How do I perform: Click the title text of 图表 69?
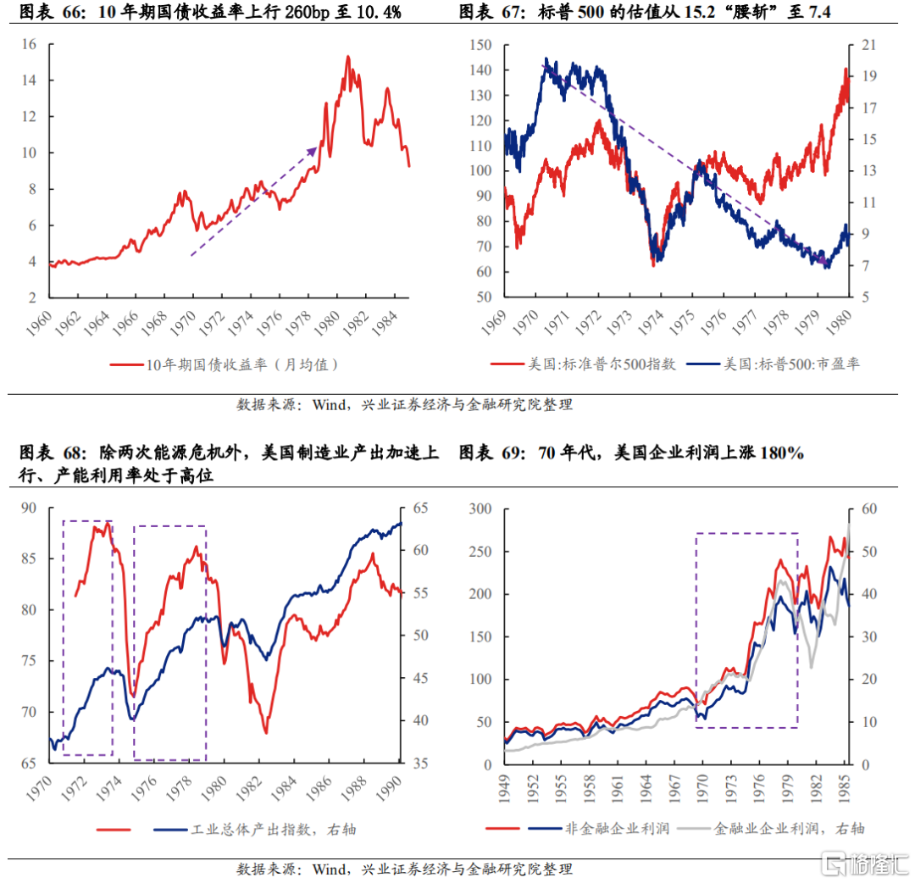(x=631, y=453)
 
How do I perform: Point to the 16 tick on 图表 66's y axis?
(x=33, y=44)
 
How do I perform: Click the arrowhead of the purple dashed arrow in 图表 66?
(x=313, y=149)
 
